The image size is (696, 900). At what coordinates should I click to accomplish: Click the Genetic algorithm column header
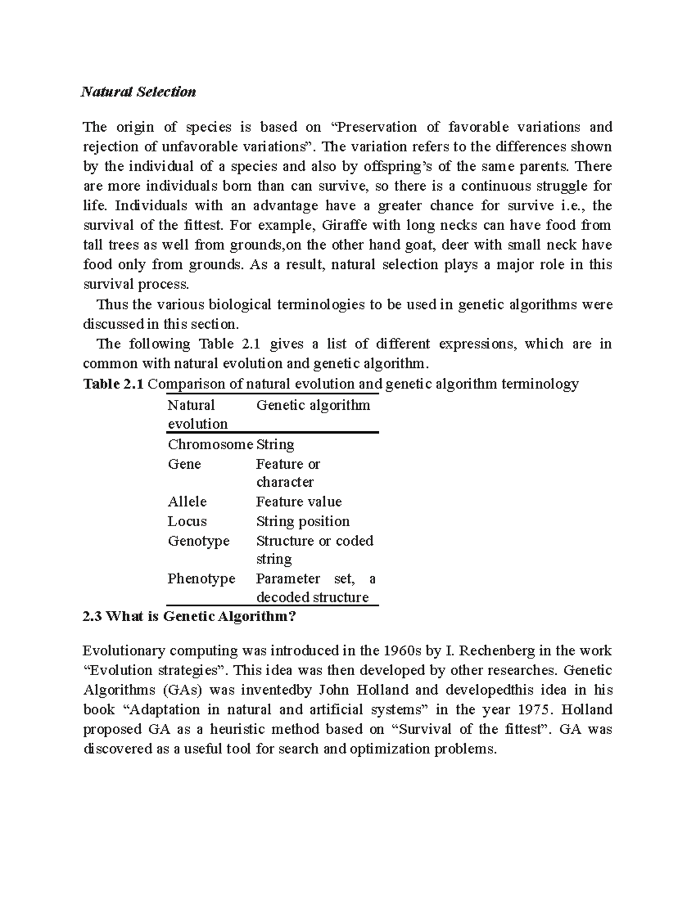313,405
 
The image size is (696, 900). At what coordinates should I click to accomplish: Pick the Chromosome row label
210,444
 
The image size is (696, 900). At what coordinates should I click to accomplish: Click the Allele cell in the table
187,501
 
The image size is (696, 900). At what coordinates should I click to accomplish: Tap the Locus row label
187,521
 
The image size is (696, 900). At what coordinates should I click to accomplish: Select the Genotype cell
198,541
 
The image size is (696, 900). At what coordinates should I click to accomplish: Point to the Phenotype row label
201,578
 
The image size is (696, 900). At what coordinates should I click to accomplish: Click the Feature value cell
299,501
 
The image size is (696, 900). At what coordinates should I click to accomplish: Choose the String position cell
303,521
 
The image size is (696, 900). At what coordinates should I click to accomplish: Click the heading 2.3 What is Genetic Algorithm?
190,617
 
